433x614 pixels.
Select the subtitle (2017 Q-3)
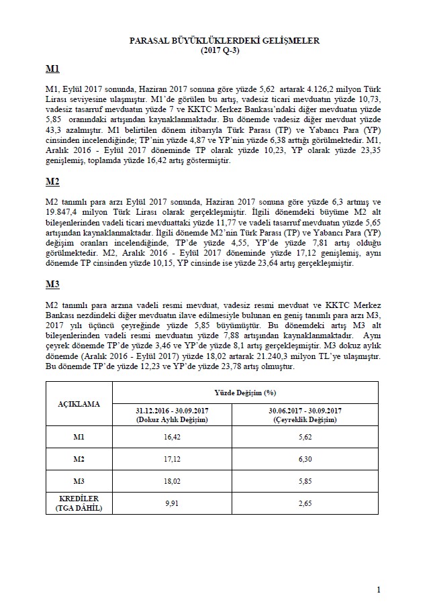point(224,50)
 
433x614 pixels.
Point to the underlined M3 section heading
point(52,285)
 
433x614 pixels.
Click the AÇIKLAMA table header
point(78,404)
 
